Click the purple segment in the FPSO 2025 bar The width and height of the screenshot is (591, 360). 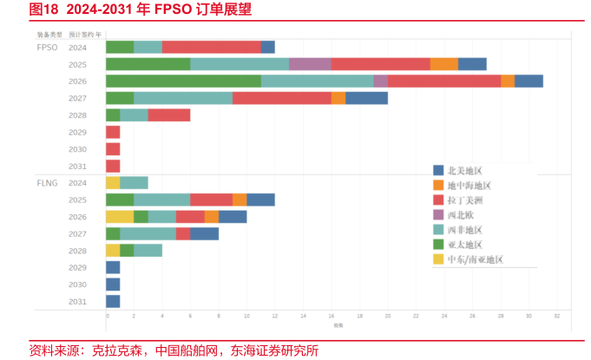point(310,63)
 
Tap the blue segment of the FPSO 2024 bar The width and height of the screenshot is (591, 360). point(267,47)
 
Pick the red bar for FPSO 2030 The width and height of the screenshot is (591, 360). point(113,149)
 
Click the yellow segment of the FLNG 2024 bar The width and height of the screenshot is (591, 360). point(113,183)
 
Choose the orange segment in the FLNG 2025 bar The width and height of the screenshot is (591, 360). point(240,200)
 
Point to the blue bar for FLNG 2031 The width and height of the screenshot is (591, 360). point(113,301)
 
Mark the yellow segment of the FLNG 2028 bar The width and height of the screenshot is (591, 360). point(113,251)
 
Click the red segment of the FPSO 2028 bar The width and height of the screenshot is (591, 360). point(168,115)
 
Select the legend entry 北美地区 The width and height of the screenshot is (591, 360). point(470,171)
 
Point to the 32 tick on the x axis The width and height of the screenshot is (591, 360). point(556,317)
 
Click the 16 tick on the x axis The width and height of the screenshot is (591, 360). point(331,317)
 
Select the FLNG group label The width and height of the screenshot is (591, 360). point(48,183)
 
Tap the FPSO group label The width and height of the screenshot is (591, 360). point(48,47)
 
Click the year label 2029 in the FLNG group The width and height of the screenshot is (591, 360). point(77,267)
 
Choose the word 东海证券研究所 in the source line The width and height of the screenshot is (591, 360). point(273,350)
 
